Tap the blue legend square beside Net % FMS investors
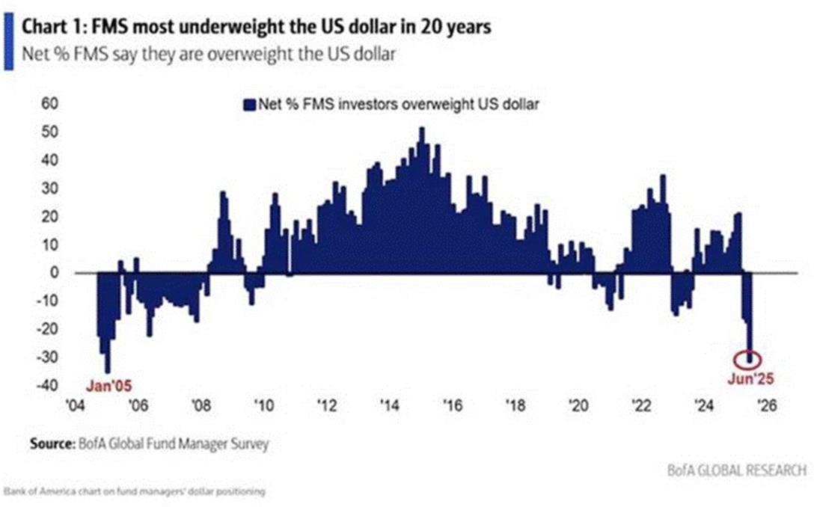tap(251, 105)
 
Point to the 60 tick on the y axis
tap(49, 103)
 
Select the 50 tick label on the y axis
tap(49, 132)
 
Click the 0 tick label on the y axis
tap(54, 273)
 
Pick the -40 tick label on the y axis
tap(46, 386)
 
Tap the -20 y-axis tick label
tap(46, 329)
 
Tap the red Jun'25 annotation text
tap(750, 378)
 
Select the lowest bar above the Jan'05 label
tap(108, 369)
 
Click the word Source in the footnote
tap(51, 443)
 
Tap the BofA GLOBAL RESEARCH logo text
tap(737, 470)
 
